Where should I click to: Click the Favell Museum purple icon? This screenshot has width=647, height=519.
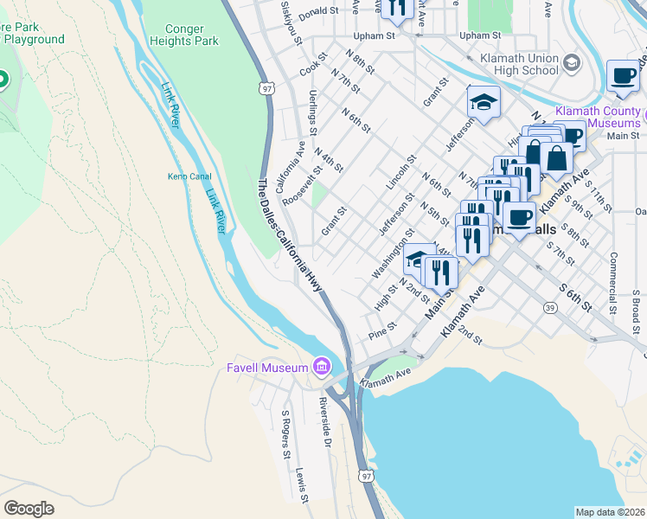click(322, 368)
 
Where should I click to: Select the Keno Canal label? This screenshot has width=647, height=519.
click(189, 177)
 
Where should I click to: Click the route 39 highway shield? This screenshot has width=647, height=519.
click(549, 307)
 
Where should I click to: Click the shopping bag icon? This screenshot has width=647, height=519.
click(559, 157)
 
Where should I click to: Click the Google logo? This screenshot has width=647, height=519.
click(29, 509)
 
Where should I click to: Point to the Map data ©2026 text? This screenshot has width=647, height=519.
click(610, 512)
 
